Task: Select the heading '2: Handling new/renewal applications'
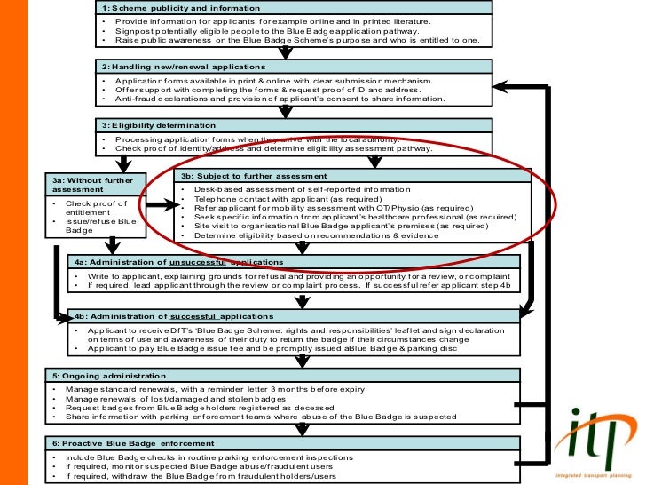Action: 184,67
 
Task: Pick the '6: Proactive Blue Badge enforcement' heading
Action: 132,443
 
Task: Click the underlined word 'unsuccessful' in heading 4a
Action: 195,262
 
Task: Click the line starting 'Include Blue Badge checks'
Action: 203,457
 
